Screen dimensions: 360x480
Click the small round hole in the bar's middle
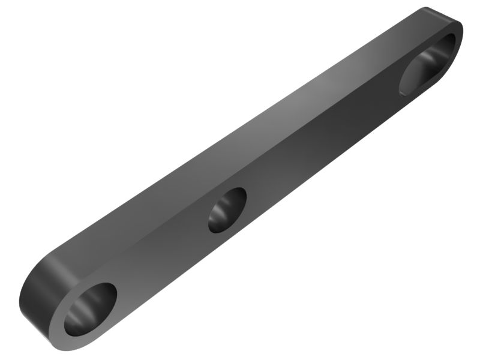(x=227, y=209)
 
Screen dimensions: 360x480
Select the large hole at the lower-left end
(x=91, y=308)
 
